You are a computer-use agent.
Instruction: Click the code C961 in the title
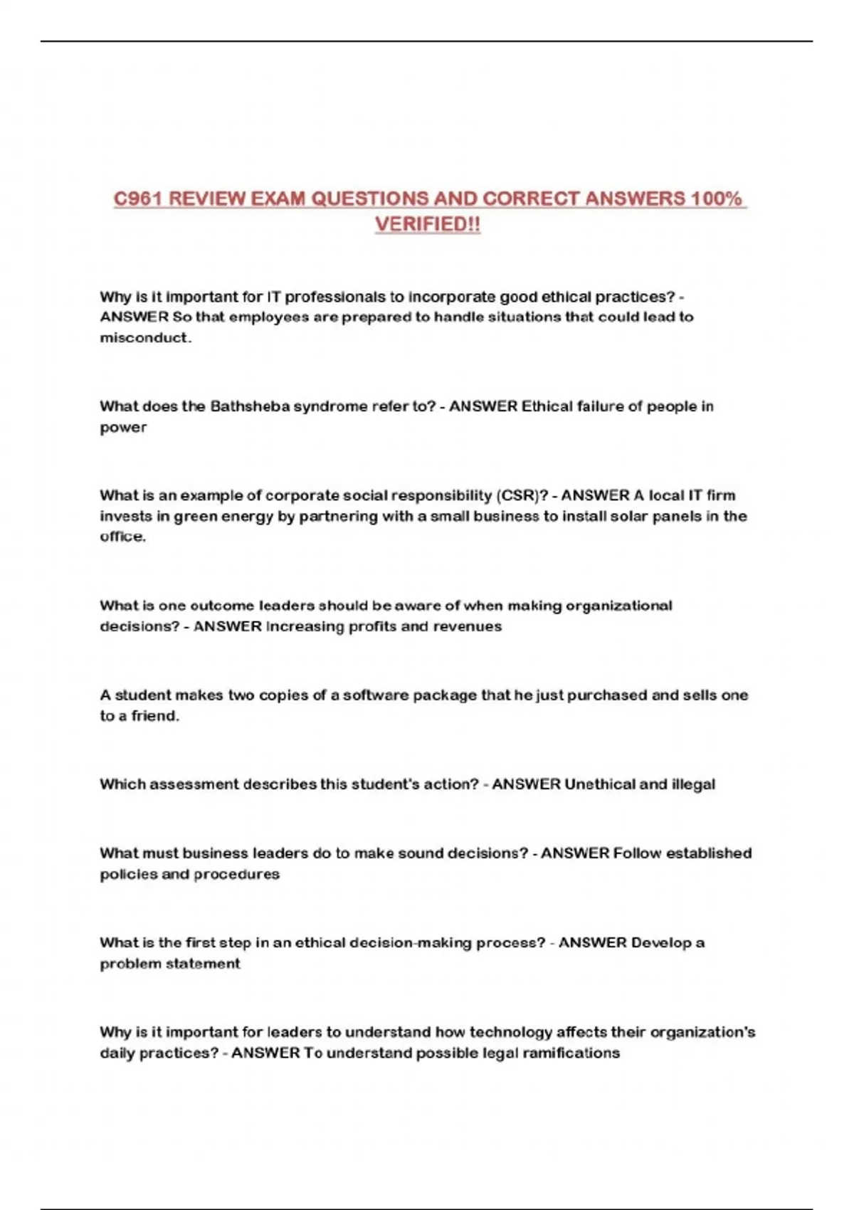coord(138,199)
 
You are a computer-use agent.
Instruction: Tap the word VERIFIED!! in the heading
coord(428,224)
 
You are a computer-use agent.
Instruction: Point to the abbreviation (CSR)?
coord(522,495)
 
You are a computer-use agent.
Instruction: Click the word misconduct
coord(145,337)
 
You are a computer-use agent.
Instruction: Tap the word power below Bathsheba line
coord(123,427)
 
